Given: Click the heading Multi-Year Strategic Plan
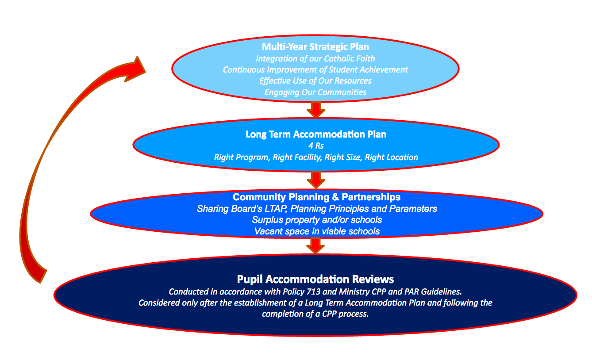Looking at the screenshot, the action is pos(315,47).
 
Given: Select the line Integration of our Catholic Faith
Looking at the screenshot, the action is pos(315,59).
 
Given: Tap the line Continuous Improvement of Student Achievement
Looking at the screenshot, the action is pos(315,70).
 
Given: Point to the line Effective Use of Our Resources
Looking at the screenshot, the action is pos(315,81).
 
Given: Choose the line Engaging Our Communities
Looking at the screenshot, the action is pos(315,92).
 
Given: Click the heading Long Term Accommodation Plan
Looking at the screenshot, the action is pos(316,134).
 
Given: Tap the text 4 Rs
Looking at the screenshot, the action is pos(316,146).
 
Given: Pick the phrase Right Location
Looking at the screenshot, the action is pos(392,157).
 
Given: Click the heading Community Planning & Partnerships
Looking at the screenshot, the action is pos(317,197).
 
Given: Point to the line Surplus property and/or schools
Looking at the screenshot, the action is pos(317,220).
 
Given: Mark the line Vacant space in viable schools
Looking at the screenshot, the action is pos(317,231).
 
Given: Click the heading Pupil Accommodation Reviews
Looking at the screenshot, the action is pos(315,279).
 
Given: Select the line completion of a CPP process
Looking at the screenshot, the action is pos(315,314).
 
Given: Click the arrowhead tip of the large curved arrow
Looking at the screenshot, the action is pos(138,57).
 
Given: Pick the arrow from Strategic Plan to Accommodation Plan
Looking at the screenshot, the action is pos(316,109).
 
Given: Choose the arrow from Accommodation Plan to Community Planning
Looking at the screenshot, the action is pos(316,180).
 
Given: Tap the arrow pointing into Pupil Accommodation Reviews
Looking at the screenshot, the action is pos(315,245).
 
